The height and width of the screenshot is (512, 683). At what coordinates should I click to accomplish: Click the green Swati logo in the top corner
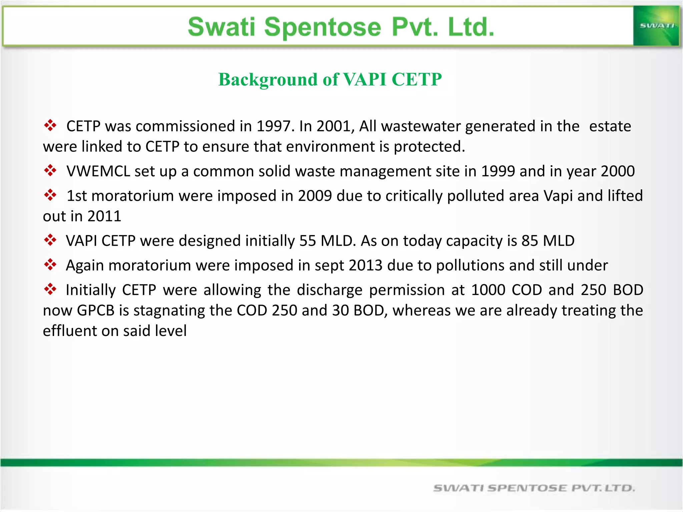click(656, 26)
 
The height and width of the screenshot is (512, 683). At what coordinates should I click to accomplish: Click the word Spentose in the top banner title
click(322, 27)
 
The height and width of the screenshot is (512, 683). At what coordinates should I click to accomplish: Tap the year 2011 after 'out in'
click(104, 216)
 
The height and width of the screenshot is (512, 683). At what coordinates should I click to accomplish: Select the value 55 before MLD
click(307, 241)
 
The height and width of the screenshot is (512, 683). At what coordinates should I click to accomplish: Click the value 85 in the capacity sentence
click(530, 241)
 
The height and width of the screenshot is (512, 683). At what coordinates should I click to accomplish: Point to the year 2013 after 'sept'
click(366, 266)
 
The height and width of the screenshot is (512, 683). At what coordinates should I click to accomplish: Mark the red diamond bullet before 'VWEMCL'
click(50, 170)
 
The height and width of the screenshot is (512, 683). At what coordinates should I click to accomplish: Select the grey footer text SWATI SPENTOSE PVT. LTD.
click(534, 488)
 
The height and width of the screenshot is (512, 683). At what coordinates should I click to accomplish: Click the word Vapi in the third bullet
click(558, 196)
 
